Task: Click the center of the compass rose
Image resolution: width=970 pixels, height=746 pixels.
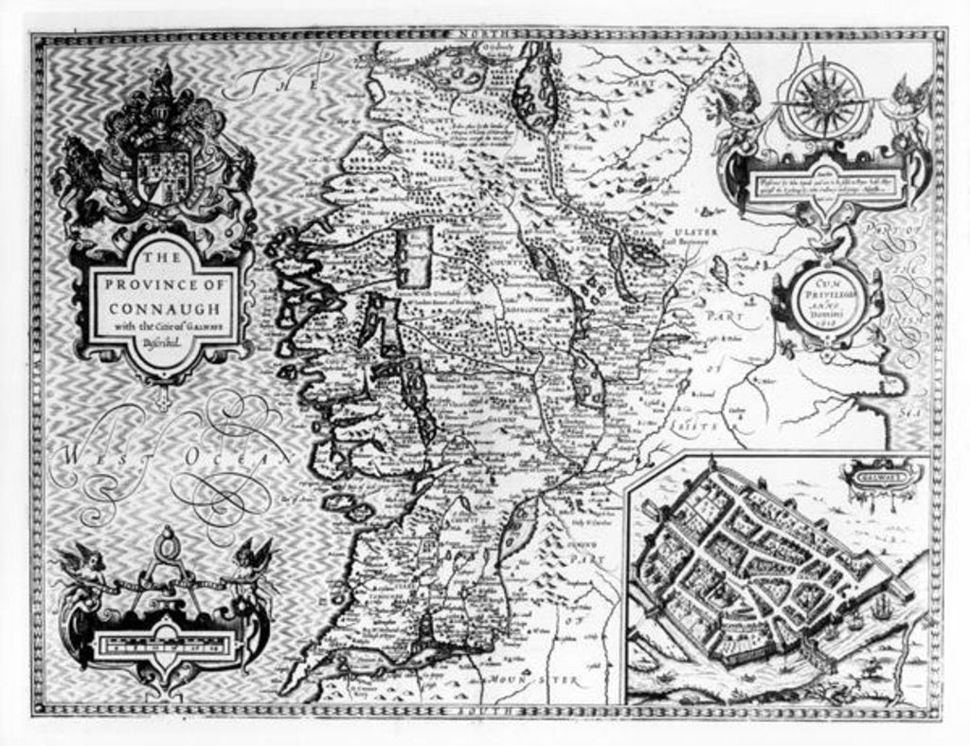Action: point(820,98)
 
